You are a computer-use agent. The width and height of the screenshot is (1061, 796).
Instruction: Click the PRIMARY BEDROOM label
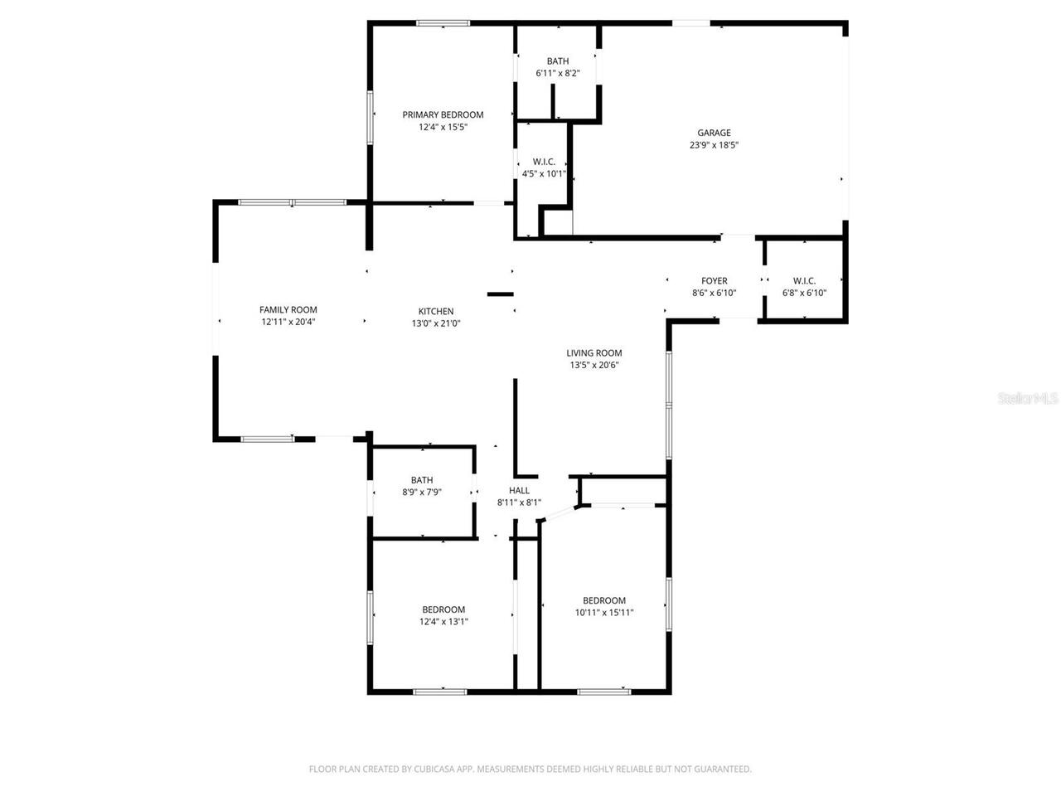pyautogui.click(x=443, y=114)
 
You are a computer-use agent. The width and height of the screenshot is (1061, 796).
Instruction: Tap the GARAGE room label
pyautogui.click(x=714, y=133)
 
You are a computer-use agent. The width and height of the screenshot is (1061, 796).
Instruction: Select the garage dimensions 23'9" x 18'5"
pyautogui.click(x=714, y=145)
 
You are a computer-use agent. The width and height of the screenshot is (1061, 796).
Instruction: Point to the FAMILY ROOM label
pyautogui.click(x=288, y=310)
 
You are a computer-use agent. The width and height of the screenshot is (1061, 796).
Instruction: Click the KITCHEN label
pyautogui.click(x=436, y=312)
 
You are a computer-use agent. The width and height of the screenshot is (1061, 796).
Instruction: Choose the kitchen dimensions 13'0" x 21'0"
pyautogui.click(x=436, y=324)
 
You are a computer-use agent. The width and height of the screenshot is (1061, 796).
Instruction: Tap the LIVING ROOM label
pyautogui.click(x=594, y=352)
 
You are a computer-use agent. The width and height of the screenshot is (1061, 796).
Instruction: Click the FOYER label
pyautogui.click(x=714, y=281)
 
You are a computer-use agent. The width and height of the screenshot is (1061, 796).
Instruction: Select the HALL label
pyautogui.click(x=519, y=490)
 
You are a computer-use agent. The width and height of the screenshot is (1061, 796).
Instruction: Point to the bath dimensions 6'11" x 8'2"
pyautogui.click(x=558, y=73)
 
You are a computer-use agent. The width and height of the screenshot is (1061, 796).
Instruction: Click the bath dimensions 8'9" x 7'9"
pyautogui.click(x=422, y=492)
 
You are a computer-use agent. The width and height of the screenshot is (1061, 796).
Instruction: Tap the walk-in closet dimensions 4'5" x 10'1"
pyautogui.click(x=544, y=174)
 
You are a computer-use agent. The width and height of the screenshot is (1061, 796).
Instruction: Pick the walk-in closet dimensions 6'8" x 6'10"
pyautogui.click(x=804, y=293)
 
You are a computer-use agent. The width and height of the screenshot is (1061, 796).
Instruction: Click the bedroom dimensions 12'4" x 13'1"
pyautogui.click(x=443, y=621)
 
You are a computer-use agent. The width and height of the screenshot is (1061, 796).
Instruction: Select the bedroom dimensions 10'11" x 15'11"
pyautogui.click(x=604, y=613)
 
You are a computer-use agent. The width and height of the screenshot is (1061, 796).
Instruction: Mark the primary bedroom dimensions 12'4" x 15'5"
pyautogui.click(x=443, y=127)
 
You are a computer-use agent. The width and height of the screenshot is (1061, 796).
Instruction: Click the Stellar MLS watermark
pyautogui.click(x=1028, y=399)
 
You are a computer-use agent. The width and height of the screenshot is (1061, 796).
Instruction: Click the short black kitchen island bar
pyautogui.click(x=501, y=294)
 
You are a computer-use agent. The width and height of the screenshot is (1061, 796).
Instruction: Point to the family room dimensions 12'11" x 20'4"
pyautogui.click(x=288, y=322)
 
